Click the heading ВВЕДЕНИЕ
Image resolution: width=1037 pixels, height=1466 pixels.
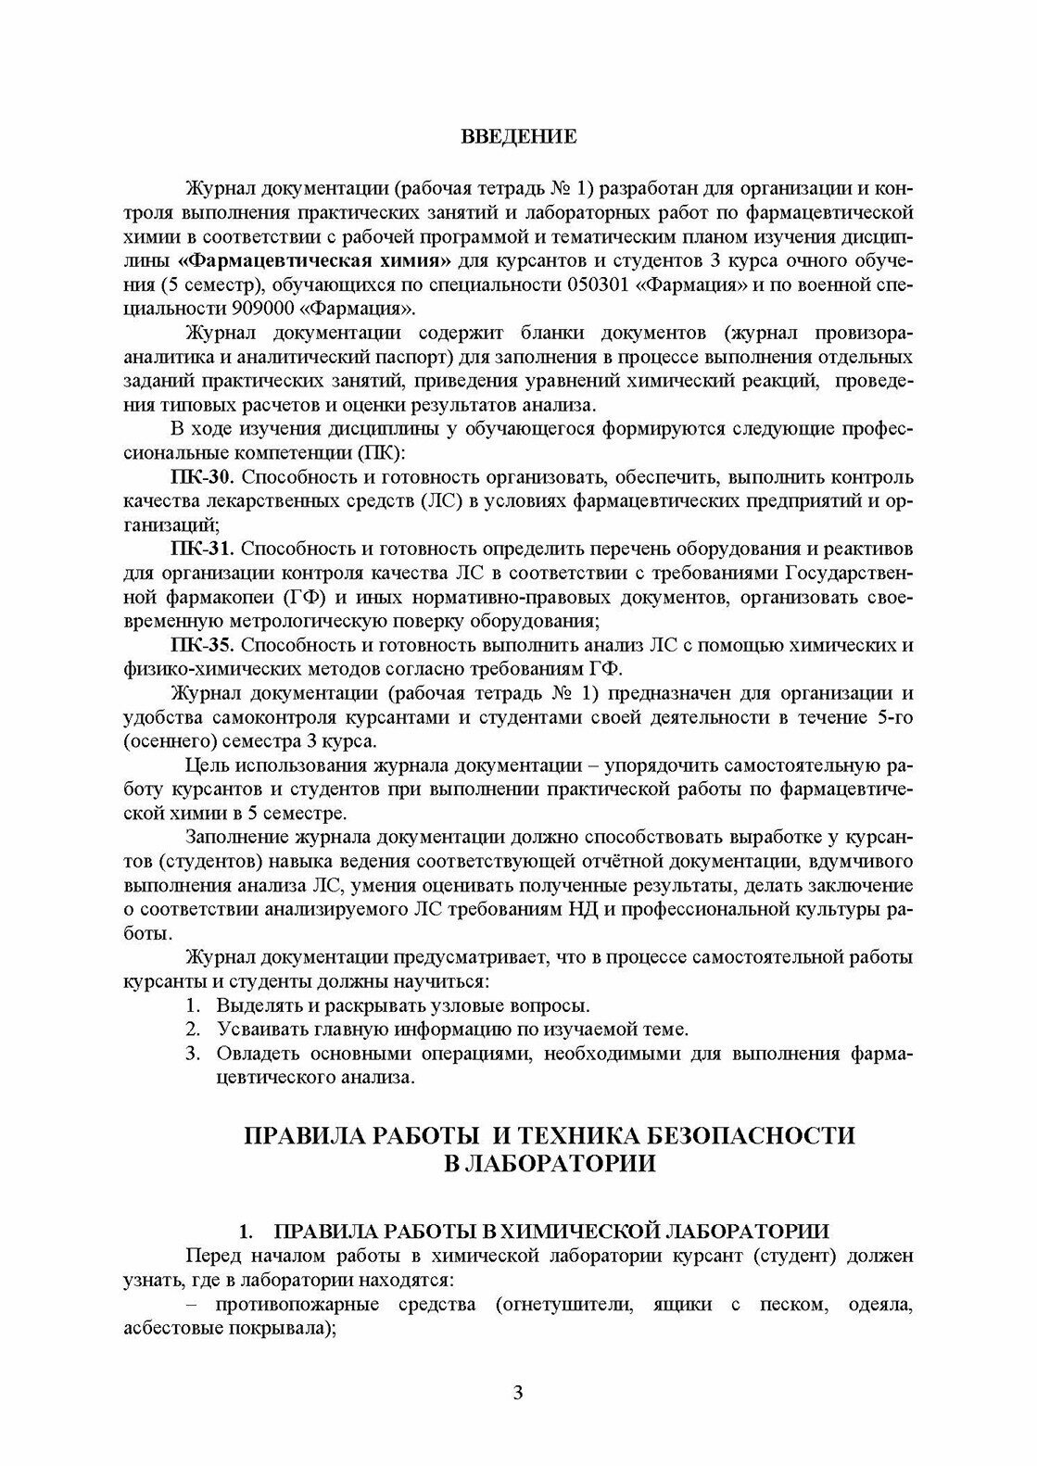pos(519,137)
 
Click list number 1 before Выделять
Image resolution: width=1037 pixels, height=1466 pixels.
pos(192,1005)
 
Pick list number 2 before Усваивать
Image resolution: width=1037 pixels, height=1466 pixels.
pos(192,1030)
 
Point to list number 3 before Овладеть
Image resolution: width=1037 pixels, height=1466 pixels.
pos(192,1054)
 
